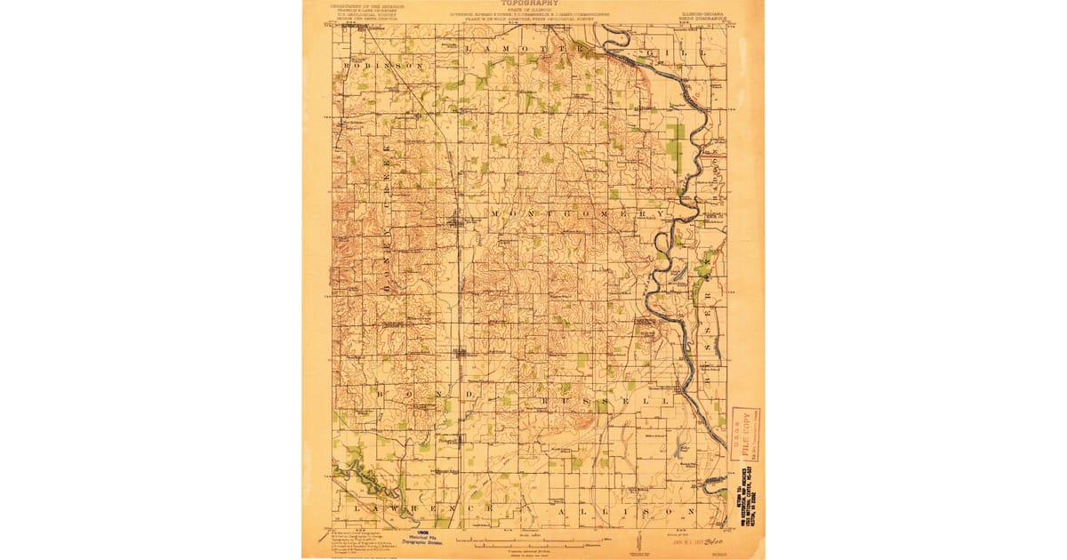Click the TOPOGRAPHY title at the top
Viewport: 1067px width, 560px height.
[533, 4]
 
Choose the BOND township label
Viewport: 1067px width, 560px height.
[418, 391]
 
